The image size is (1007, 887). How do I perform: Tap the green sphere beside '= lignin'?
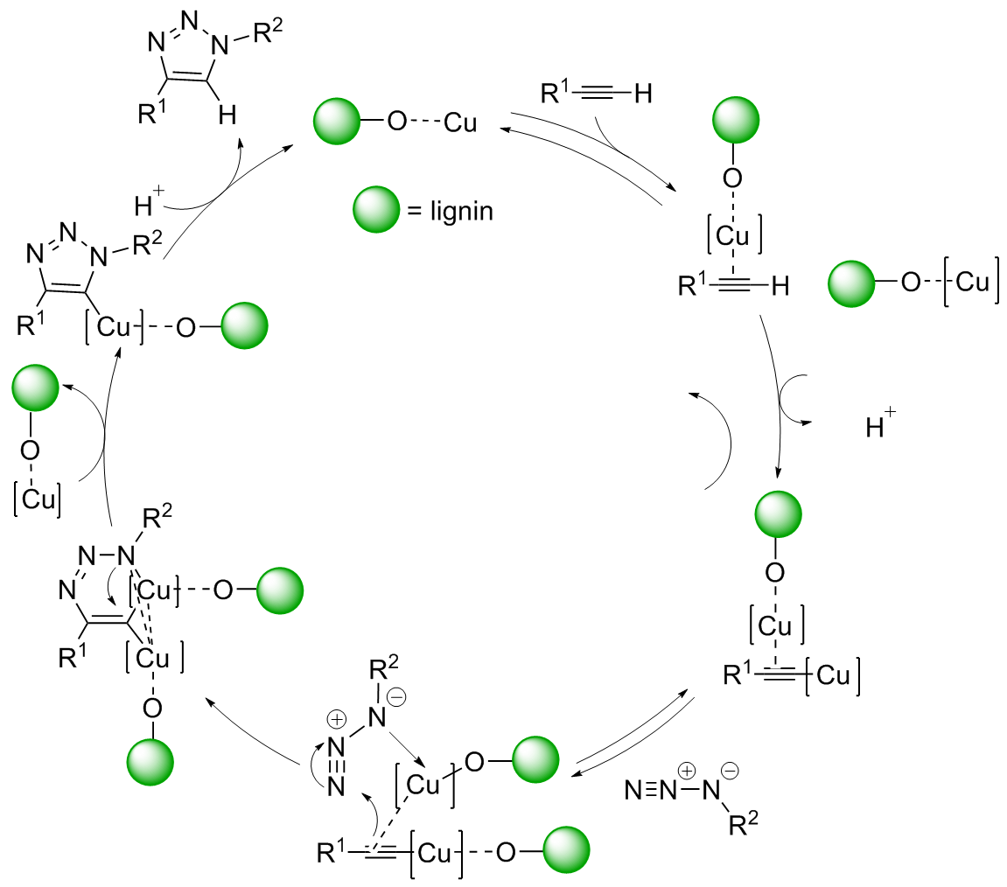tap(375, 211)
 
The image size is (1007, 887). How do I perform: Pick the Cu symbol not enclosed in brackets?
tap(460, 123)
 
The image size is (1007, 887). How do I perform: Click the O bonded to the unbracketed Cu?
tap(396, 123)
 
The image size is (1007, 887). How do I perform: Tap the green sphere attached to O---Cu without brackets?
tap(336, 122)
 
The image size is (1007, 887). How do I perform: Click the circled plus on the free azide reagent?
tap(688, 771)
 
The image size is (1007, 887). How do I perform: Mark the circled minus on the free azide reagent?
tap(730, 771)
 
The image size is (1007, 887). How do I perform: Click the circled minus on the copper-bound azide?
tap(395, 699)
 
